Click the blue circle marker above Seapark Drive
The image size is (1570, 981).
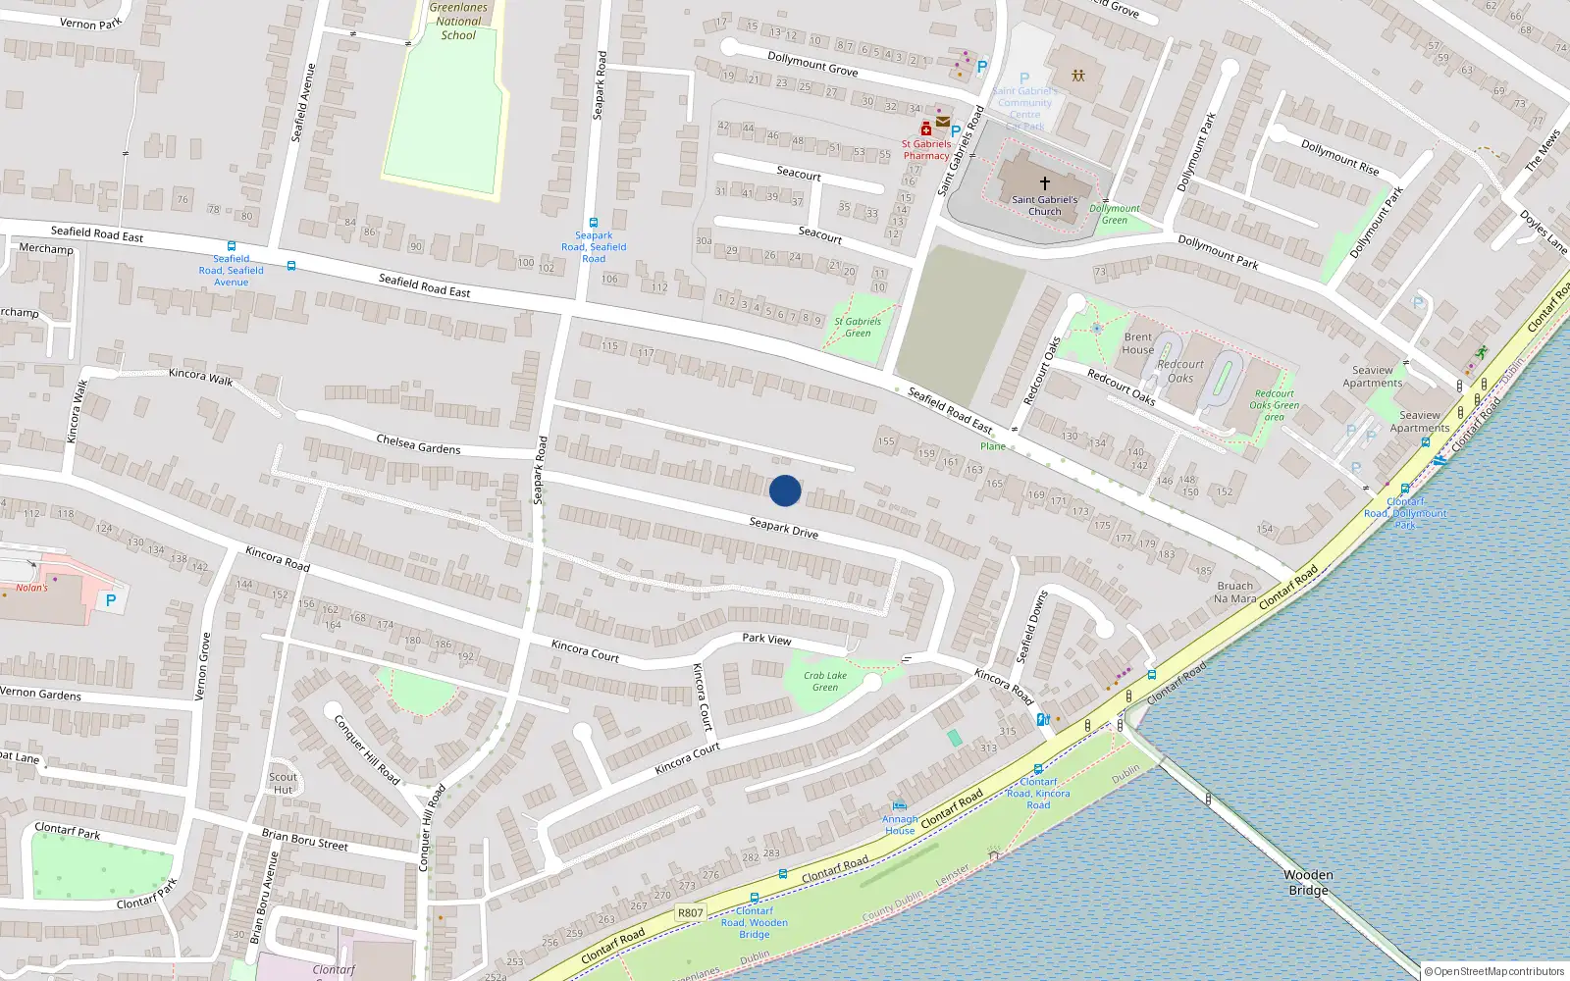[x=785, y=490]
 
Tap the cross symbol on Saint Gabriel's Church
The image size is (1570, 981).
[x=1045, y=183]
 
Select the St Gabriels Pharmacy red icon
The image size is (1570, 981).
[x=925, y=129]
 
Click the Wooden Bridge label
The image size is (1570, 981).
[x=1308, y=882]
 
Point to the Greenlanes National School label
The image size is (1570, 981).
[x=458, y=22]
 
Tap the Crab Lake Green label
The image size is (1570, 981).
[x=825, y=681]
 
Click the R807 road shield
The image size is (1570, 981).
[x=691, y=912]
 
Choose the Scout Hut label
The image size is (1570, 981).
[x=283, y=783]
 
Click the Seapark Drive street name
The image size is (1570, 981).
[x=783, y=528]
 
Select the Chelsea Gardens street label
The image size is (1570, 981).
[x=418, y=443]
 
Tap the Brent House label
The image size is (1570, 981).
[x=1138, y=343]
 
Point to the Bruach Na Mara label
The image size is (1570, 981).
[x=1234, y=592]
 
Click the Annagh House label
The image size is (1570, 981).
[x=900, y=825]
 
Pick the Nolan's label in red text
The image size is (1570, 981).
[x=31, y=588]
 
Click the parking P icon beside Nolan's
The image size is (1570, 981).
[x=111, y=600]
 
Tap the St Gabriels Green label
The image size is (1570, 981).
[x=858, y=327]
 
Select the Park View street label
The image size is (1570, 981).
[x=766, y=639]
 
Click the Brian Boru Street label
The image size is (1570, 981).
[x=304, y=839]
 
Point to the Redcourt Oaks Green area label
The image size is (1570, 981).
[x=1274, y=405]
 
